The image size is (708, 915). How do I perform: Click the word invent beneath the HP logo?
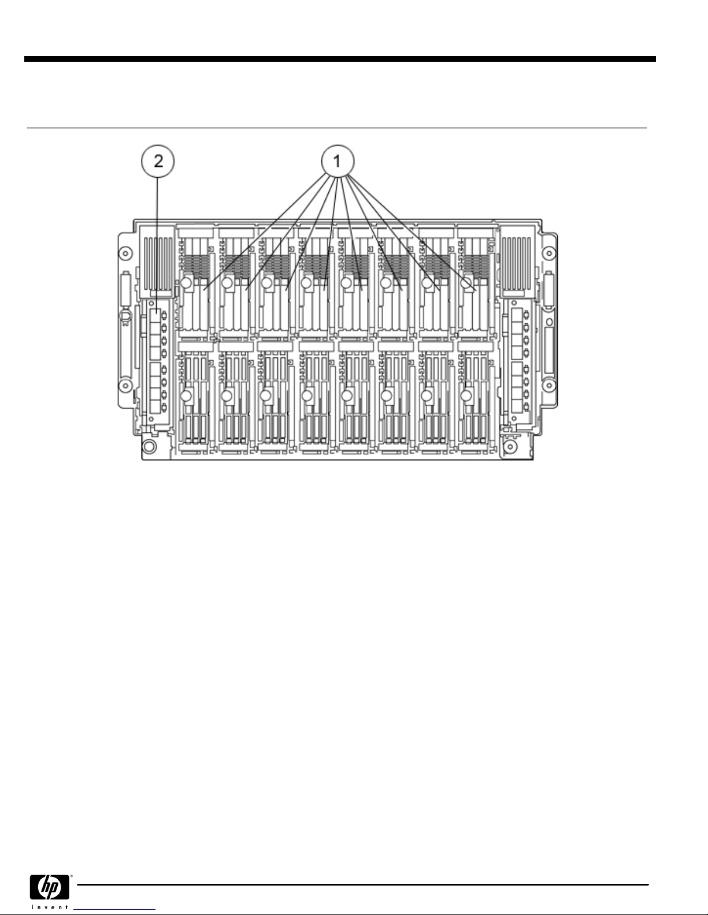(49, 907)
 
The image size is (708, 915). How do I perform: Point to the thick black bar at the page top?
(340, 59)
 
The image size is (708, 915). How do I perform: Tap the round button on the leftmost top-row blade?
(187, 283)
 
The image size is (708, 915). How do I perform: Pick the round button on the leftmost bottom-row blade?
(187, 395)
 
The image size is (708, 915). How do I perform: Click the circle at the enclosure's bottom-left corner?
(150, 446)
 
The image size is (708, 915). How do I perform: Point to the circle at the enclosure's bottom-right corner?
(511, 446)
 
